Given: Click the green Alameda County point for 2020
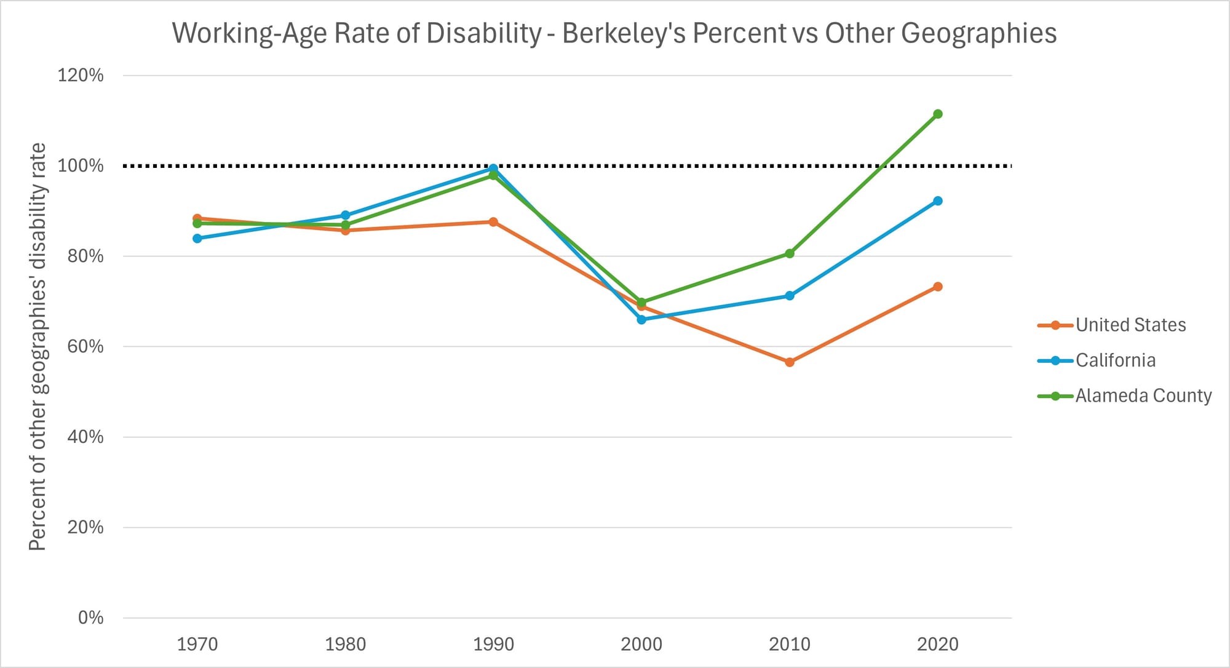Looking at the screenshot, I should (x=937, y=114).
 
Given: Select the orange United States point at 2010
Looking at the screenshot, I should (x=790, y=362).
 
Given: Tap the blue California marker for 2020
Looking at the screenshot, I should (x=937, y=201).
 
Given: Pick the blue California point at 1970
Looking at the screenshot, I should (x=197, y=238).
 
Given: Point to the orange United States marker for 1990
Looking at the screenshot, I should (x=493, y=221).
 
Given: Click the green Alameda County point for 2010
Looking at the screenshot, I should (x=790, y=253).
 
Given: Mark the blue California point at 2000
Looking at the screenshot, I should (x=641, y=319).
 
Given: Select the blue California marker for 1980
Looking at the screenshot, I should (x=345, y=215).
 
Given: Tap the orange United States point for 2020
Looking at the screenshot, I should (x=937, y=287).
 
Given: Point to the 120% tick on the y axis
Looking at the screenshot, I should (x=81, y=76).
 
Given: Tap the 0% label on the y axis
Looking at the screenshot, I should (x=90, y=618).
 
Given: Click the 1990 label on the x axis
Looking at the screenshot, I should (x=493, y=644).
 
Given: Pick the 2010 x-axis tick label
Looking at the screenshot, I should (x=790, y=644).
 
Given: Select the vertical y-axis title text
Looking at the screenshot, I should (x=38, y=346).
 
